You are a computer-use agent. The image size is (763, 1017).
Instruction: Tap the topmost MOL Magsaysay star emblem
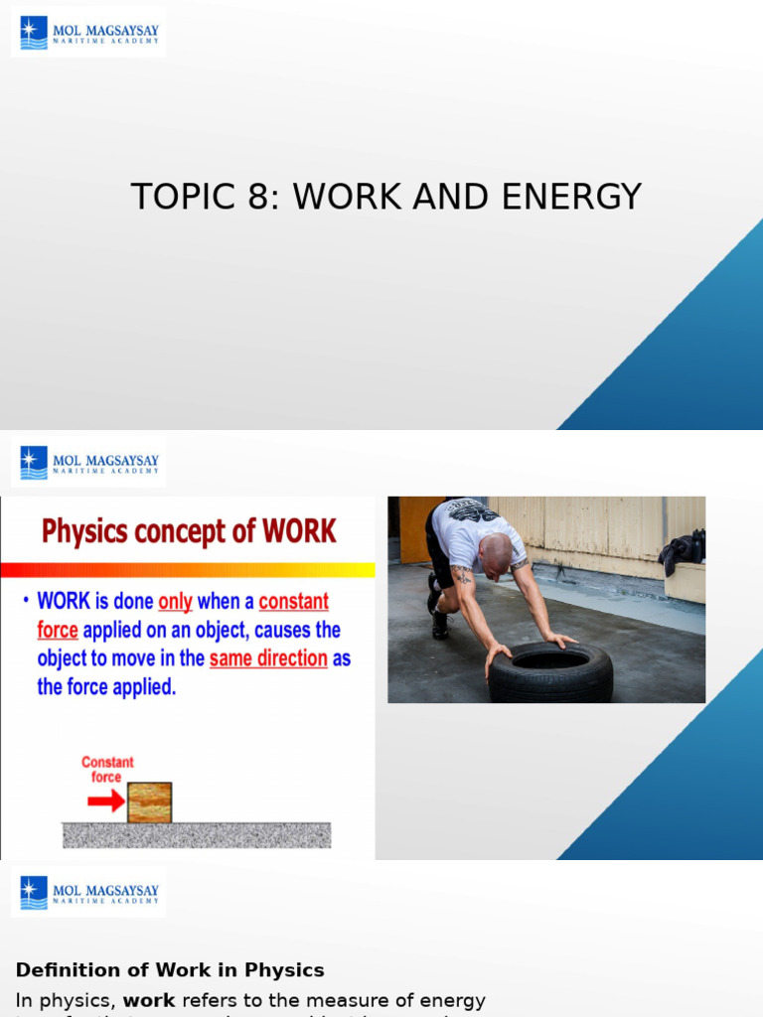pyautogui.click(x=34, y=34)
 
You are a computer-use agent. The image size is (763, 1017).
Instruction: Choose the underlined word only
pyautogui.click(x=175, y=602)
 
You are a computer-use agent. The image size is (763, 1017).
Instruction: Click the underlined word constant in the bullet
pyautogui.click(x=293, y=602)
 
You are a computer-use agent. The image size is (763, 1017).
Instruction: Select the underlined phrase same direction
pyautogui.click(x=268, y=658)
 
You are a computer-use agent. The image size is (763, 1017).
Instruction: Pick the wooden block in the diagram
pyautogui.click(x=149, y=802)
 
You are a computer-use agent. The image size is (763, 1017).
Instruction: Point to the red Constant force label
pyautogui.click(x=107, y=770)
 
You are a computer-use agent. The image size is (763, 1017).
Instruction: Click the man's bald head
pyautogui.click(x=495, y=552)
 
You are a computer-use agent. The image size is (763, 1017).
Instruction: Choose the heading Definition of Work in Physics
pyautogui.click(x=170, y=970)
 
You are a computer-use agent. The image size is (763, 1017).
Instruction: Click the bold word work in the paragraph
pyautogui.click(x=149, y=1000)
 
